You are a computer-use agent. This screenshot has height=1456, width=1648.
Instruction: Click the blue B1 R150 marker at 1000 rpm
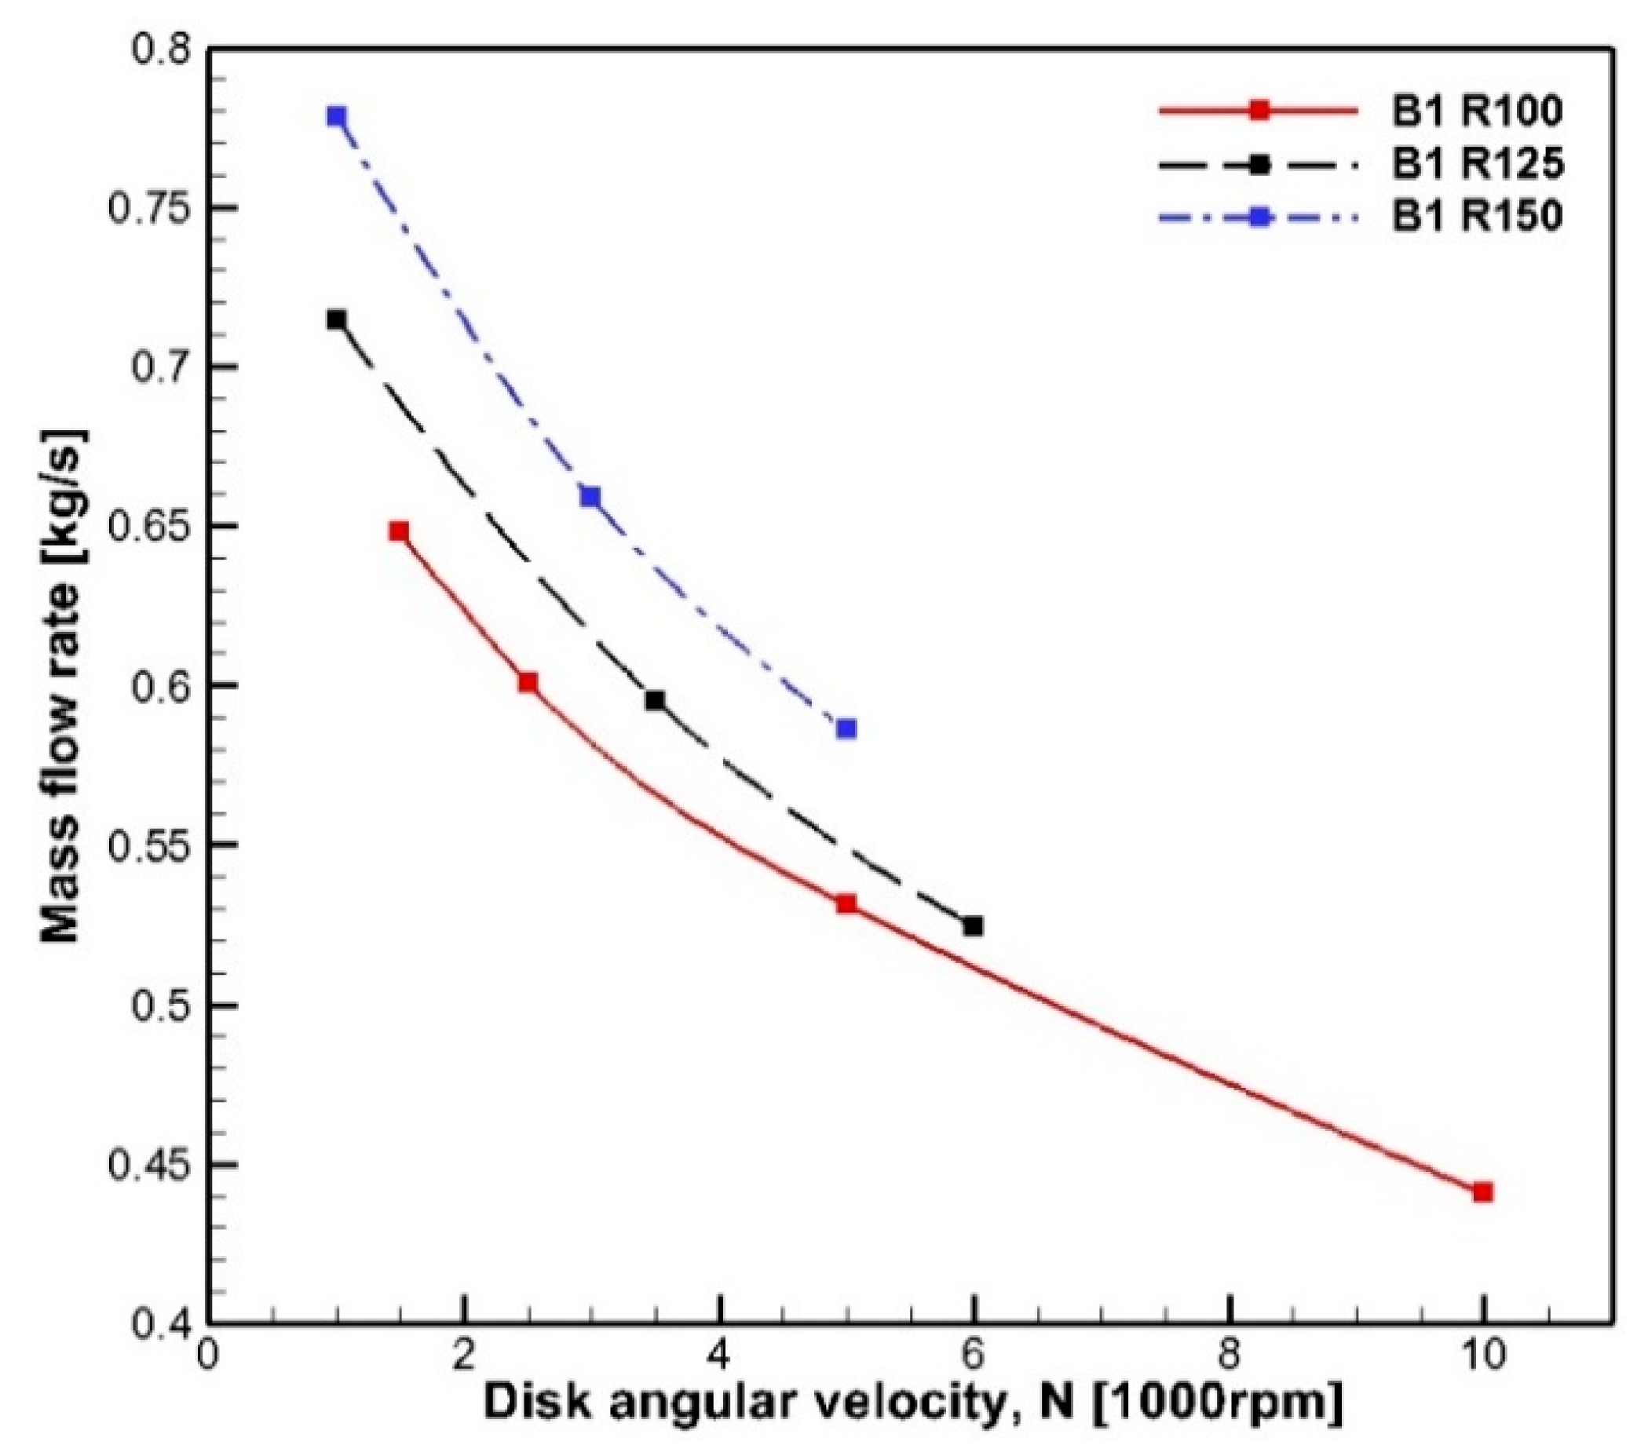coord(336,117)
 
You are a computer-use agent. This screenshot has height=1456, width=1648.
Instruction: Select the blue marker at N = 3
coord(591,497)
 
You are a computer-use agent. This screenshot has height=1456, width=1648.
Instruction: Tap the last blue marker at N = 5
coord(846,729)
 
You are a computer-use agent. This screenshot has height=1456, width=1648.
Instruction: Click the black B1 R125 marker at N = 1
coord(336,320)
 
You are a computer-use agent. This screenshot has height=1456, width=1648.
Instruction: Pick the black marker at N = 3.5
coord(656,701)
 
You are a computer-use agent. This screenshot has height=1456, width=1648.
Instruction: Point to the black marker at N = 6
coord(973,926)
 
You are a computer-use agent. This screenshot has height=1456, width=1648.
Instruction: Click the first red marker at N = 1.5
coord(399,531)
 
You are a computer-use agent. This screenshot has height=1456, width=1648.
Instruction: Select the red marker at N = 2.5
coord(528,683)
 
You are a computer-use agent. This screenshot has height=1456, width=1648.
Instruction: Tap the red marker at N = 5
coord(846,903)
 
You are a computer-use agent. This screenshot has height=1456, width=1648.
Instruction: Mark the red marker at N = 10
coord(1482,1192)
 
